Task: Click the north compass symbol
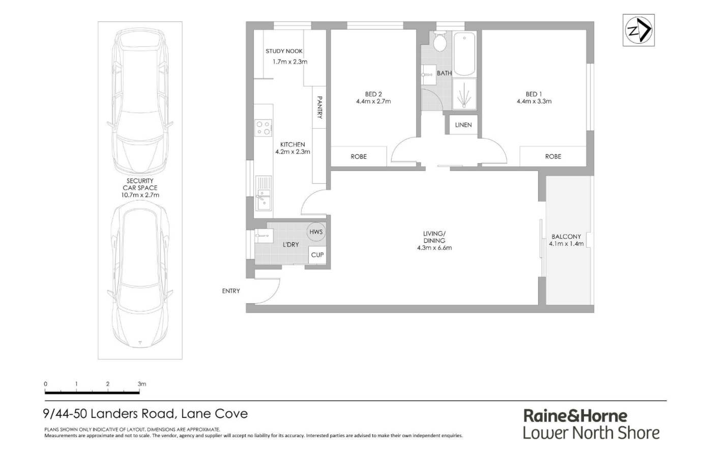coord(638,30)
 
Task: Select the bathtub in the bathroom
coord(464,54)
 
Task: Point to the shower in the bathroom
coord(464,94)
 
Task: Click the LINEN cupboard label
coord(463,125)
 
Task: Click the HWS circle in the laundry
coord(316,232)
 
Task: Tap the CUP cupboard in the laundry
coord(317,255)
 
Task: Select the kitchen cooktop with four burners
coord(263,128)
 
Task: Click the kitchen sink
coord(263,193)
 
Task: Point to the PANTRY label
coord(319,107)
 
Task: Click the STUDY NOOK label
coord(284,51)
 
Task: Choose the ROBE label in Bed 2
coord(359,156)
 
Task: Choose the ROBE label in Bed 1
coord(553,156)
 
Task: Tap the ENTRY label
coord(231,291)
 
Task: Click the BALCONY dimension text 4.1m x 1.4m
coord(566,244)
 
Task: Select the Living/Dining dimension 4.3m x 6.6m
coord(434,248)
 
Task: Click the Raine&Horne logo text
coord(575,416)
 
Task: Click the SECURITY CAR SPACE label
coord(140,184)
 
